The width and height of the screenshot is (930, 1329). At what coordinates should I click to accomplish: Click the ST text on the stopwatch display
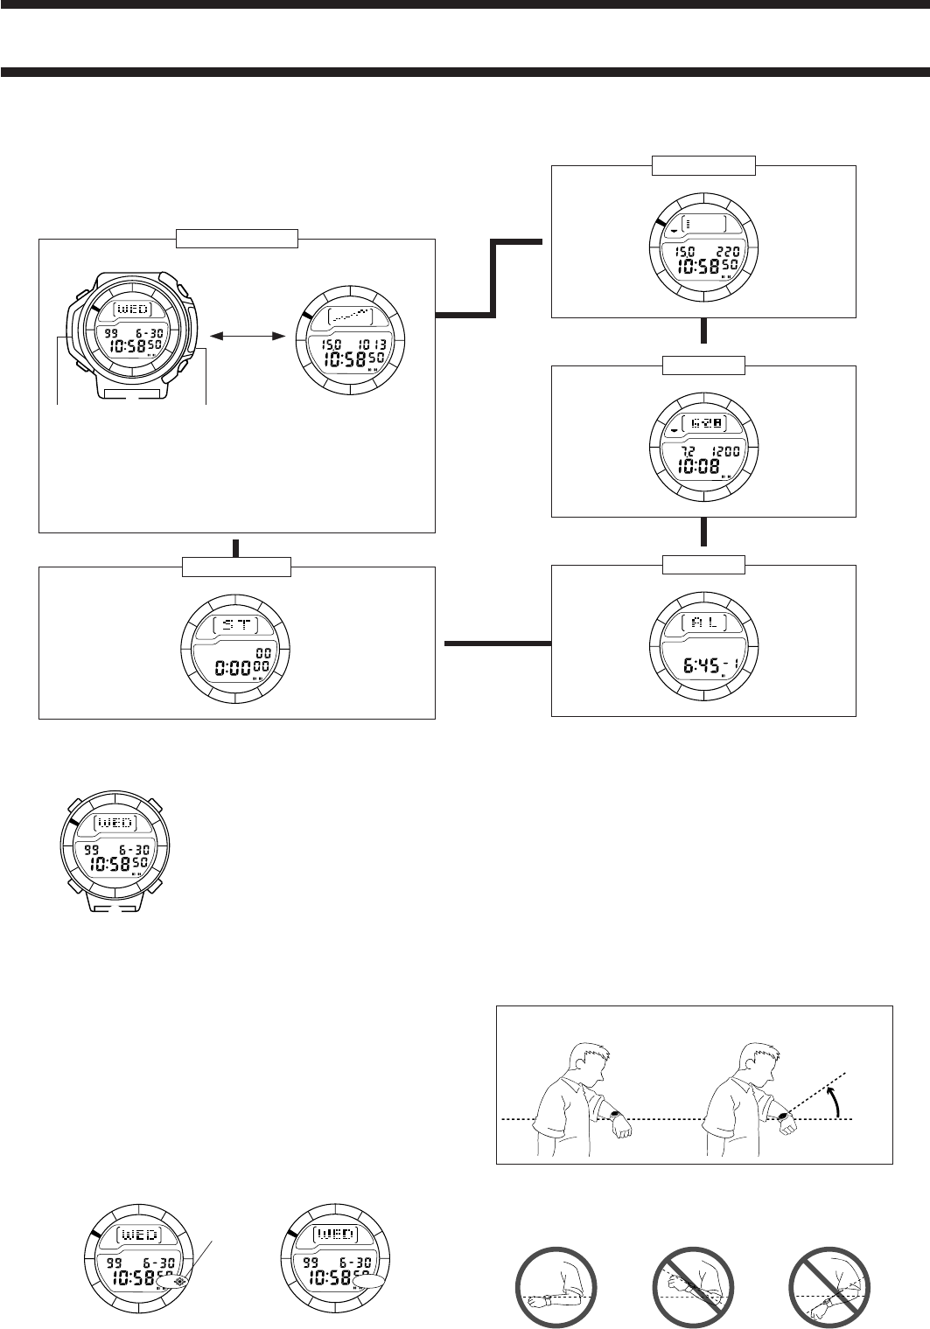(x=236, y=625)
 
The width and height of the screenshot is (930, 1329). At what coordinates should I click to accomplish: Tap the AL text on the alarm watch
(x=703, y=623)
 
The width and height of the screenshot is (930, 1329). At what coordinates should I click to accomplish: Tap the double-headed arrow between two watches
(x=249, y=334)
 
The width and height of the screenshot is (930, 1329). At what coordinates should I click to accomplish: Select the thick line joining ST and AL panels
(x=497, y=644)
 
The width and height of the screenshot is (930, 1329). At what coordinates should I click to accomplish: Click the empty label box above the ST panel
(x=236, y=566)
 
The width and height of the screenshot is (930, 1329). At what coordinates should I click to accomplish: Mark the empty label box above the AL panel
(x=703, y=565)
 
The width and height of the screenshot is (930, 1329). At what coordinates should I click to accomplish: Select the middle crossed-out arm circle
(x=692, y=1286)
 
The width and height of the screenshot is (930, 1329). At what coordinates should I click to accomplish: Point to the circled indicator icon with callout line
(x=180, y=1281)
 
